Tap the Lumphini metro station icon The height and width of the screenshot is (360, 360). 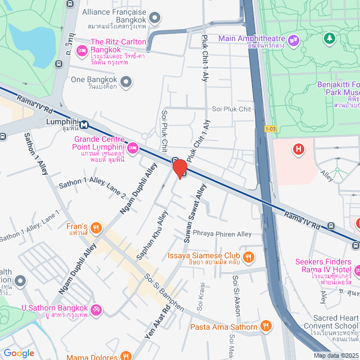click(x=84, y=124)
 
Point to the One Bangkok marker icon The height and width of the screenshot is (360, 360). click(x=127, y=82)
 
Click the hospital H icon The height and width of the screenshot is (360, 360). click(x=297, y=149)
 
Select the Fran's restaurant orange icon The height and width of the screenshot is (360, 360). click(x=97, y=228)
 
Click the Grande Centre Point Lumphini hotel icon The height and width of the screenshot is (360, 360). click(x=132, y=148)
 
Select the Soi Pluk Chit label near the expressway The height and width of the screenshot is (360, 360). click(x=231, y=109)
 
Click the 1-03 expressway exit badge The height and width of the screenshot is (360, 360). click(x=271, y=129)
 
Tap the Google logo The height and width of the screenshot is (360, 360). click(x=19, y=353)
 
